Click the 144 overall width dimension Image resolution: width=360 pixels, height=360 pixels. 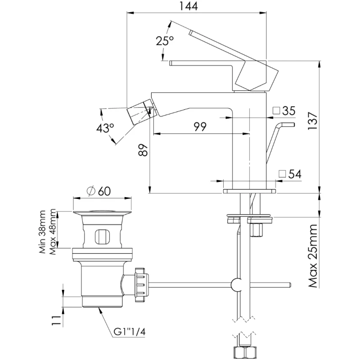188,6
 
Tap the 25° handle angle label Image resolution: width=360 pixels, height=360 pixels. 165,41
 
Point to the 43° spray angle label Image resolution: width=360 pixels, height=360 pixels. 105,128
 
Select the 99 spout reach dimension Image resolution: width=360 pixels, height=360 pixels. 200,127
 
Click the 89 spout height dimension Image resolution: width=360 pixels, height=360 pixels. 143,150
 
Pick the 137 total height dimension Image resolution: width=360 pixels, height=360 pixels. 312,121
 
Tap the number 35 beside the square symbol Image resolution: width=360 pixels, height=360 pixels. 288,111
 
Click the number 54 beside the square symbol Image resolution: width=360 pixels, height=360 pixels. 295,174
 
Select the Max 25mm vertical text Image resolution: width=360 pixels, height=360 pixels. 313,256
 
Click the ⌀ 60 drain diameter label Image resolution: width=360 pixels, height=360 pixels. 99,191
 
